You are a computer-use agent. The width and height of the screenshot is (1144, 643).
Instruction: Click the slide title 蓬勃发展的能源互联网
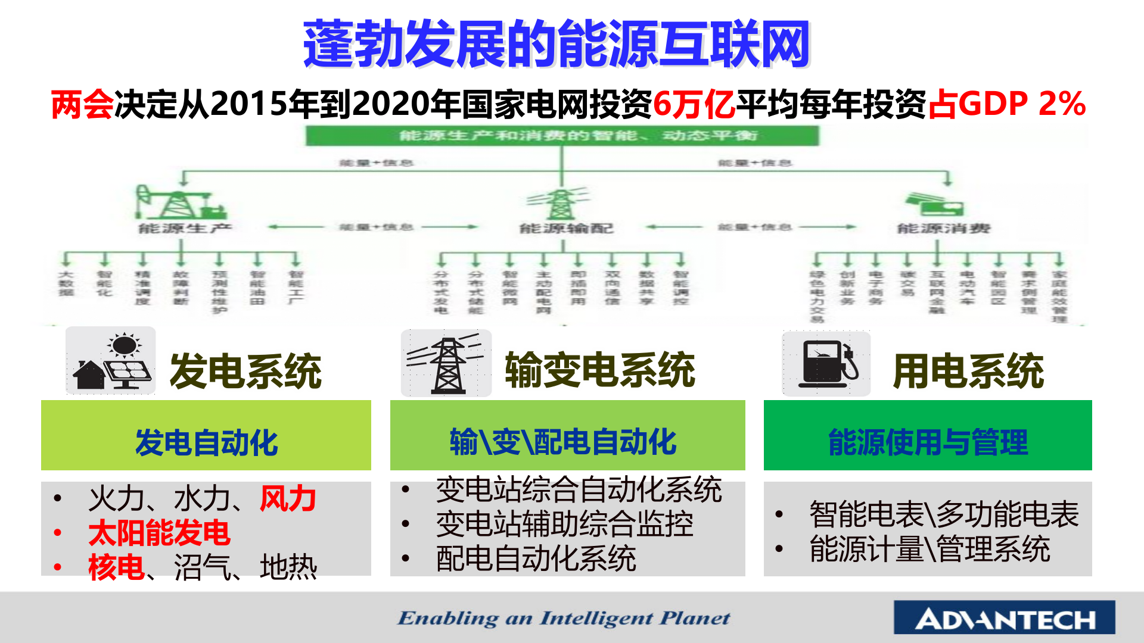click(556, 44)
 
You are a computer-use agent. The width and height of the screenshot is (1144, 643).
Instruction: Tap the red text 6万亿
click(694, 104)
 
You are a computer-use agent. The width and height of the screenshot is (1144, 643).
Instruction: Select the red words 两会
click(82, 104)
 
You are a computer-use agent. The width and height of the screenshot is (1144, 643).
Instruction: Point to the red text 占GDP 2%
click(1006, 104)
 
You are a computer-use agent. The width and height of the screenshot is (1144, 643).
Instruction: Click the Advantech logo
click(1004, 618)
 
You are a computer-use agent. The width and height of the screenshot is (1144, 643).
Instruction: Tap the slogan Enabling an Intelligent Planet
click(564, 618)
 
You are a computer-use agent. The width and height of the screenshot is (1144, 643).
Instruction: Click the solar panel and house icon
click(111, 361)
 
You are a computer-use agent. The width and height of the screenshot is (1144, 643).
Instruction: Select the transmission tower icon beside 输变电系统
click(446, 363)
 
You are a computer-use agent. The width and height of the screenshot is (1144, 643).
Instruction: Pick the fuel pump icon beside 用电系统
click(826, 363)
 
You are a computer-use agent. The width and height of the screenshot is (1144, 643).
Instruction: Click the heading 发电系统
click(245, 371)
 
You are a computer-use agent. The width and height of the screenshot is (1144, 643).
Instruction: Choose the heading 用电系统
click(968, 371)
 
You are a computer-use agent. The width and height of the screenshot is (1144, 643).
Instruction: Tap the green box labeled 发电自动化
click(206, 436)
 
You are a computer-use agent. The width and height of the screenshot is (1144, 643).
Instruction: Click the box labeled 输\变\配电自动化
click(567, 436)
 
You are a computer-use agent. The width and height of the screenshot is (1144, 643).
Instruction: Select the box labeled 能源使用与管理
click(928, 436)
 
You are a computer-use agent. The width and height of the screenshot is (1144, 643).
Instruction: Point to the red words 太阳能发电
click(159, 533)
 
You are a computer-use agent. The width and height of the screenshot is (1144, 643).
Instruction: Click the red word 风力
click(288, 499)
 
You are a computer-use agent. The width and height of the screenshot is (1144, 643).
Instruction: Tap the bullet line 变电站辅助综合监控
click(564, 525)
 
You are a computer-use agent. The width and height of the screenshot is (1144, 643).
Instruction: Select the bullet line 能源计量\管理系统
click(929, 549)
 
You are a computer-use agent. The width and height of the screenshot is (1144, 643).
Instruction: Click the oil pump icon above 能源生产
click(179, 202)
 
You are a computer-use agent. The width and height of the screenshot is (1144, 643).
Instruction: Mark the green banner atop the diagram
click(562, 136)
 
